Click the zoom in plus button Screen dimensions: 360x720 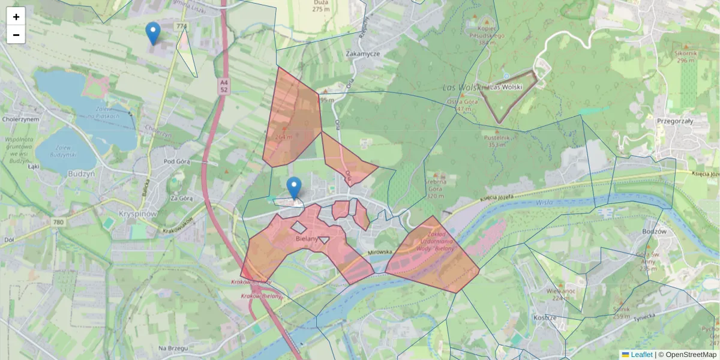point(16,17)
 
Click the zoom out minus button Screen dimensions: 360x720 point(16,35)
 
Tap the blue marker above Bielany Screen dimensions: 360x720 point(293,187)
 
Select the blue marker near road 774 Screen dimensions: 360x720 point(153,33)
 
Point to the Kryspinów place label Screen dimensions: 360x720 point(137,214)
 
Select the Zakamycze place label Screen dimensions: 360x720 point(364,53)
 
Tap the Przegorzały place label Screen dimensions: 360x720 point(675,121)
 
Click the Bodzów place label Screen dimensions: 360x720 point(653,231)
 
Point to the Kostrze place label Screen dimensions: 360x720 point(545,317)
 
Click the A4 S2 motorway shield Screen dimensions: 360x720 point(224,85)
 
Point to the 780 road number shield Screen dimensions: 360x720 point(58,223)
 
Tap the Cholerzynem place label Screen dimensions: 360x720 point(20,119)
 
